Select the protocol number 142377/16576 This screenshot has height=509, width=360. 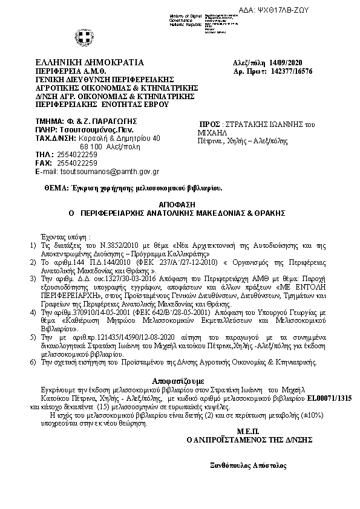coord(291,71)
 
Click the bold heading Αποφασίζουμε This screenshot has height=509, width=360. coord(180,382)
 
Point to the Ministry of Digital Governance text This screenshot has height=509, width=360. coord(186,18)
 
